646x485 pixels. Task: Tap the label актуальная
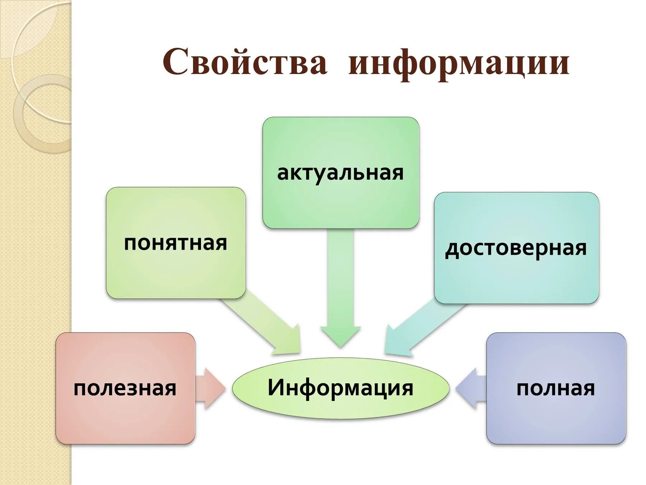[x=340, y=173]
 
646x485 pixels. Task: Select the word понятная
[x=175, y=243]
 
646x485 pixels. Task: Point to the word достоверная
[x=516, y=248]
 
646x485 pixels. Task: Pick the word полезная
[x=125, y=388]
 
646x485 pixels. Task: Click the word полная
[x=556, y=388]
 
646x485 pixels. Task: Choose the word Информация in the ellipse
[x=340, y=388]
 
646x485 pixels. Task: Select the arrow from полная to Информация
[x=470, y=388]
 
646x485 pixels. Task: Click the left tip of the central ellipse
[x=233, y=388]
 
